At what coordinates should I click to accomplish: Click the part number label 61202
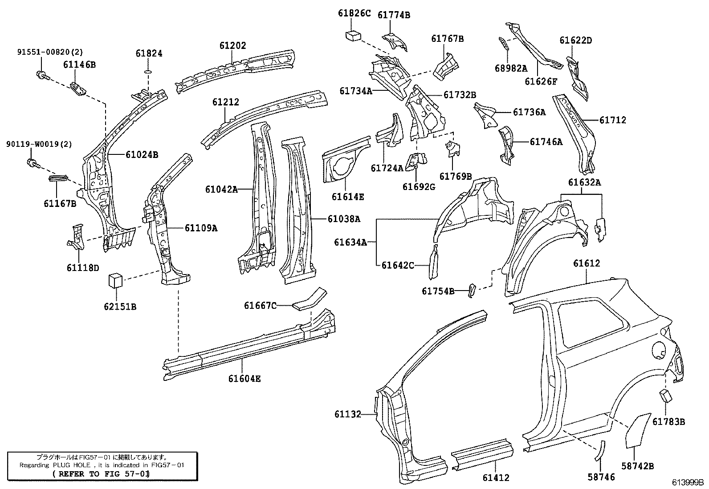tap(232, 46)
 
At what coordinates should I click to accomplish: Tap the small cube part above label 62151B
tap(115, 281)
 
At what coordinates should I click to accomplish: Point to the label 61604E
tap(244, 379)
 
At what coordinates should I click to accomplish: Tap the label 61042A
tap(221, 189)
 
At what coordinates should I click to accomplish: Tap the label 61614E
tap(348, 196)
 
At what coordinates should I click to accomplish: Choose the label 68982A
tap(510, 68)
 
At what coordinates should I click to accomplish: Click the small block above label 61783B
tap(665, 396)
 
